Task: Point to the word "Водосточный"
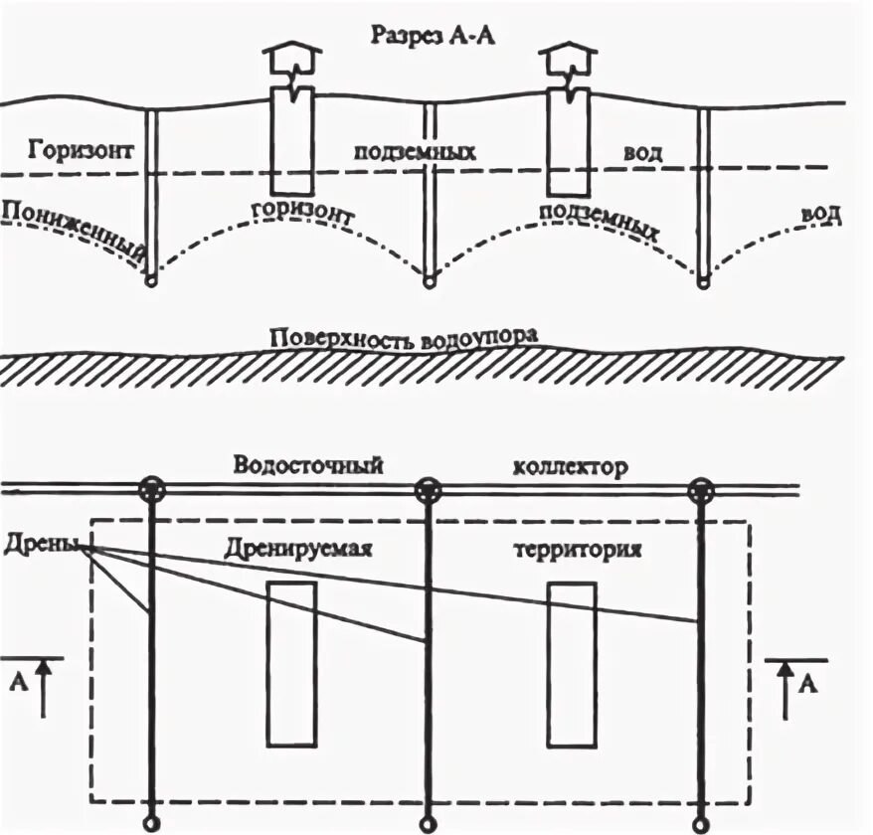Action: point(308,465)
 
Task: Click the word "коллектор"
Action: point(571,466)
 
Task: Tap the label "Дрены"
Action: point(41,545)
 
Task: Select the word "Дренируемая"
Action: point(304,549)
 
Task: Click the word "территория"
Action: point(578,550)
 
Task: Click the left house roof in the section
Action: point(290,56)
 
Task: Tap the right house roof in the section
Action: point(568,56)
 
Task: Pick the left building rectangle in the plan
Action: point(291,663)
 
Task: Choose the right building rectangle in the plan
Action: point(572,663)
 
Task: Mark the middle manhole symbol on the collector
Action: point(428,489)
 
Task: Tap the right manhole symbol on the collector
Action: point(702,489)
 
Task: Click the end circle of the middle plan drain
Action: point(428,823)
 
